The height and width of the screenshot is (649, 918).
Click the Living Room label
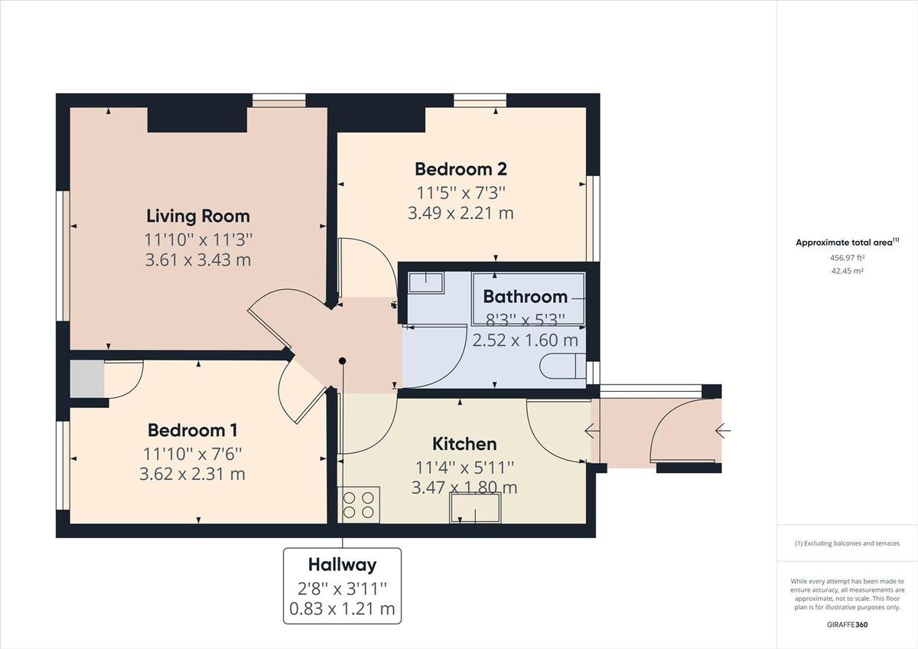click(198, 216)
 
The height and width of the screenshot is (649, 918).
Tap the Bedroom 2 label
click(461, 168)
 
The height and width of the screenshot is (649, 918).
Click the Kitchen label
click(464, 444)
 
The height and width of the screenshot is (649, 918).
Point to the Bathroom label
click(526, 296)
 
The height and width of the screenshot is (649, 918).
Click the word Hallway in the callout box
click(342, 565)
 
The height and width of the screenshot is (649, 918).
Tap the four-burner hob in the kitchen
click(359, 505)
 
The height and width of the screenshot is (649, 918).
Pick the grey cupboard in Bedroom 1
click(86, 379)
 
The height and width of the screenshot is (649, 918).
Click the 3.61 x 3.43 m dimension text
click(198, 260)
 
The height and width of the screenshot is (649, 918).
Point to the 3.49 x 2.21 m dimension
click(461, 213)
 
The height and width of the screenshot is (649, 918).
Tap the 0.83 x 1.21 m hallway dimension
click(342, 609)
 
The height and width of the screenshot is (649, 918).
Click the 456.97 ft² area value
click(847, 258)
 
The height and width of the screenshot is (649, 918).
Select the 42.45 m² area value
click(847, 270)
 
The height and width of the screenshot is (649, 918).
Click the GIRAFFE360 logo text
click(847, 625)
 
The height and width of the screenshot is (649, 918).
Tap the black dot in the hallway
click(343, 360)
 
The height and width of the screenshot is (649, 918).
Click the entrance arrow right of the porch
click(722, 431)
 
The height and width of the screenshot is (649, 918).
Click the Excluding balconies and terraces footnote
click(847, 543)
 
